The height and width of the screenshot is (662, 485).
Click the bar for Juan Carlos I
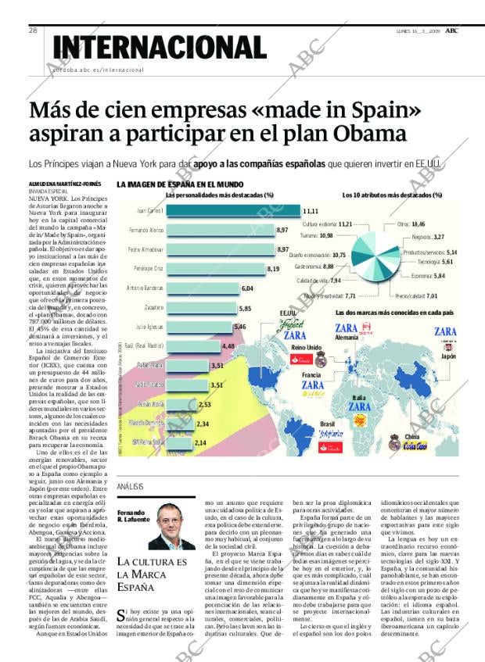pos(233,211)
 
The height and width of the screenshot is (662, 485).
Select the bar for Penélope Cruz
pos(215,268)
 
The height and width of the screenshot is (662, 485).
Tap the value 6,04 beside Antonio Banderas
pos(247,288)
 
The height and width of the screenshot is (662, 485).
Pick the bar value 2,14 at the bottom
pos(200,442)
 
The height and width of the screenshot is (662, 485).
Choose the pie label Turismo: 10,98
pos(316,235)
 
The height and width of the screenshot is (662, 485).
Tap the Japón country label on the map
pos(448,356)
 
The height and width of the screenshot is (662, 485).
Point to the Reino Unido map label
pos(306,347)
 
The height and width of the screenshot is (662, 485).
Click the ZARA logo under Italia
pos(360,407)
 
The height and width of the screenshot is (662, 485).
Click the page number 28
pos(33,30)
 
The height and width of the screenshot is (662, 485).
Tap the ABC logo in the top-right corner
pos(452,30)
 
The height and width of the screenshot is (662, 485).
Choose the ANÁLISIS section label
pos(130,487)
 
